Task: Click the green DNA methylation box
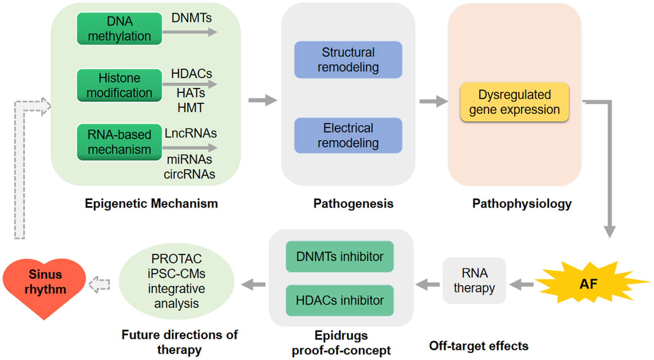(x=119, y=29)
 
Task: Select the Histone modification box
(x=119, y=85)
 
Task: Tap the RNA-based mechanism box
(x=119, y=142)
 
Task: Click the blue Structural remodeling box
(x=348, y=60)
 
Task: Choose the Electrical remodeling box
(x=348, y=136)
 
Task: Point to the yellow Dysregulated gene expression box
(x=514, y=102)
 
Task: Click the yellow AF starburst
(x=588, y=284)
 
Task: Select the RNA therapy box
(x=474, y=281)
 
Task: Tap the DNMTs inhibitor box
(x=340, y=257)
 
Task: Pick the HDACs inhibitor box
(x=340, y=301)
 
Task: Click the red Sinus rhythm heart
(x=45, y=286)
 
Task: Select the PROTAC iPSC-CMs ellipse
(x=176, y=281)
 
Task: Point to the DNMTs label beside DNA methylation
(x=192, y=18)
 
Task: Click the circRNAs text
(x=189, y=174)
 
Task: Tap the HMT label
(x=190, y=108)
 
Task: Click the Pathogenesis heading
(x=353, y=203)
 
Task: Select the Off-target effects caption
(x=479, y=346)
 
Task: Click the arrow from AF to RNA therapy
(x=522, y=285)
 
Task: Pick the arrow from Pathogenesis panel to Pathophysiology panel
(x=433, y=101)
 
